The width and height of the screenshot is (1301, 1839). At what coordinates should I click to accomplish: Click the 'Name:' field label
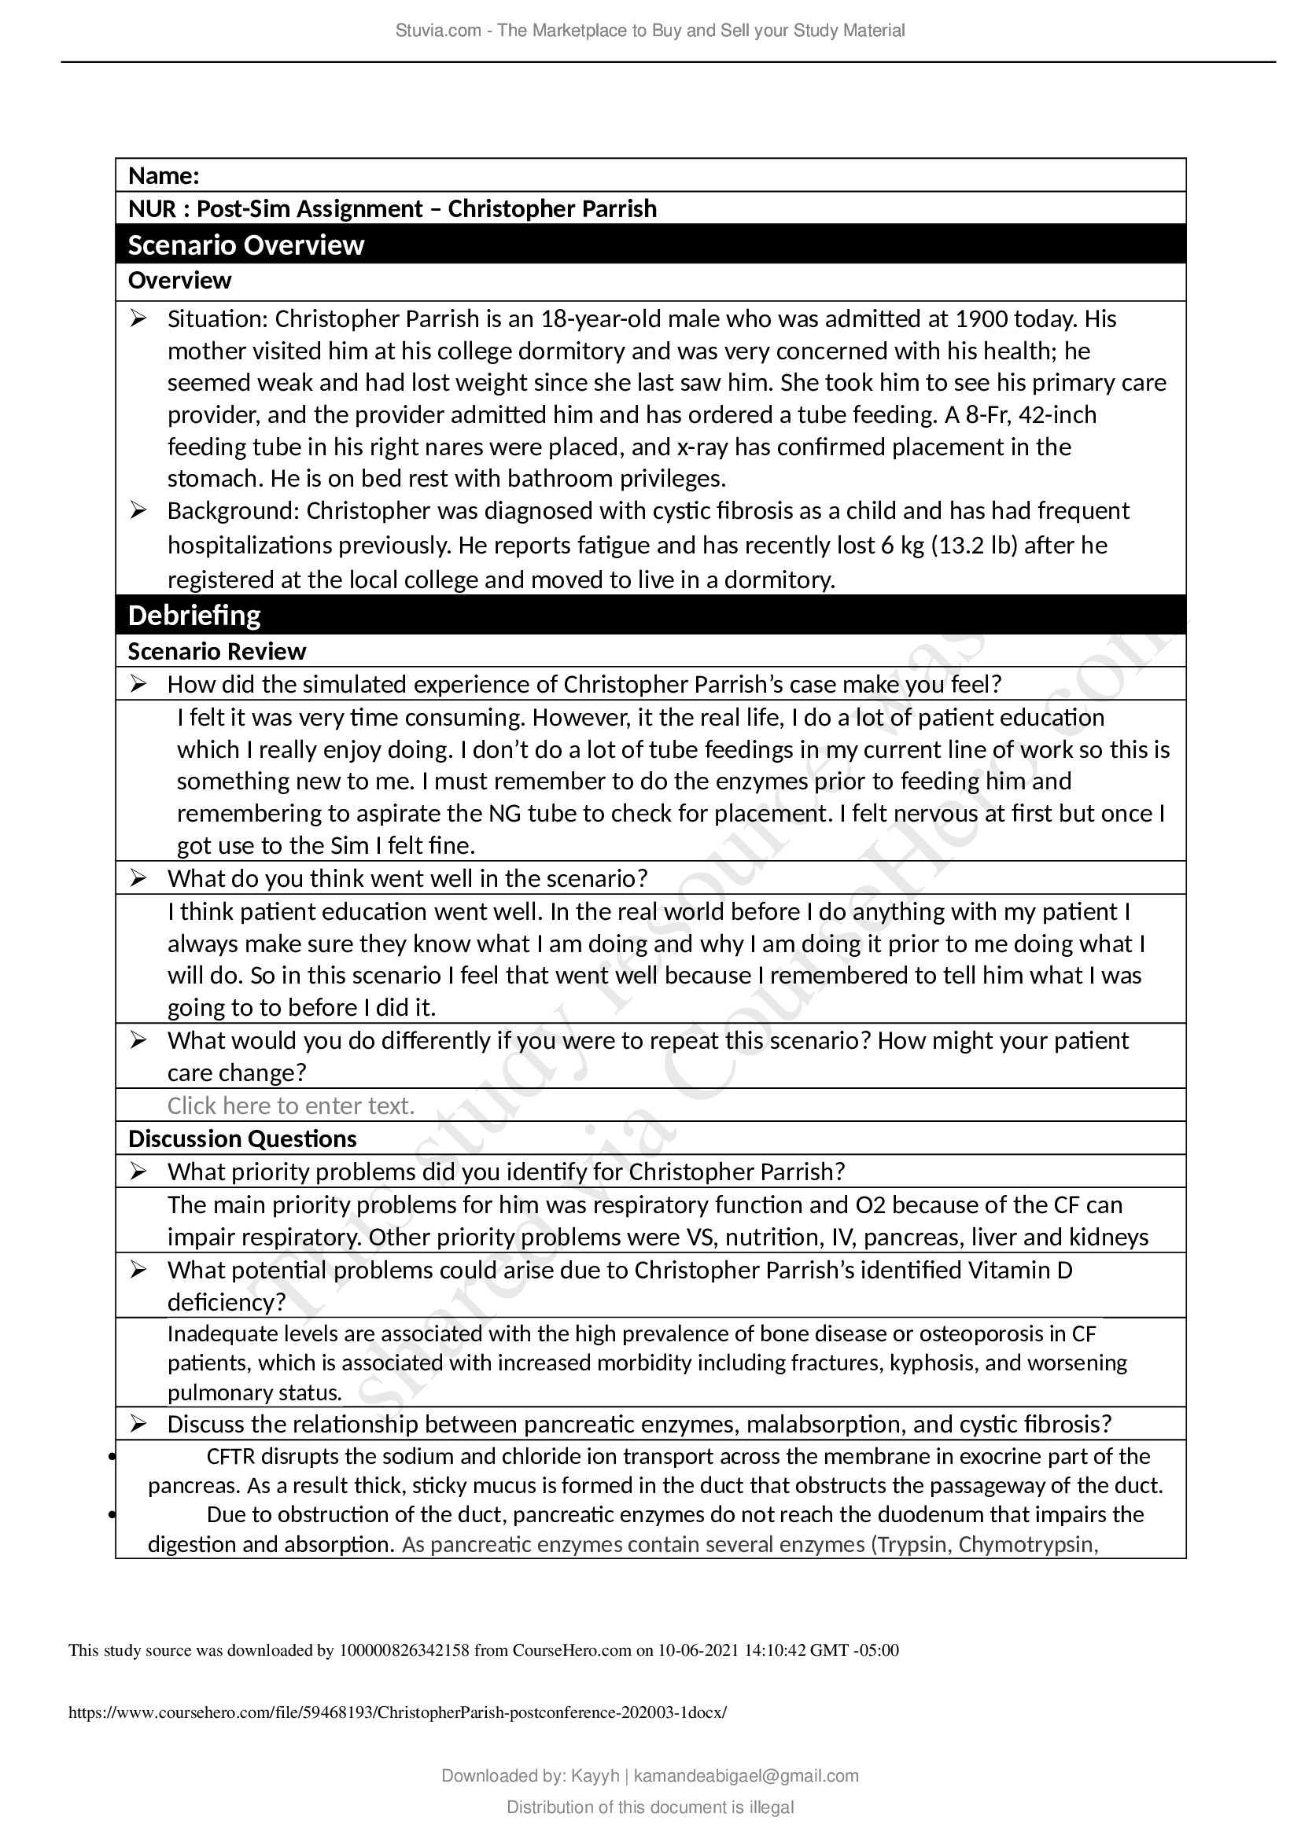coord(164,175)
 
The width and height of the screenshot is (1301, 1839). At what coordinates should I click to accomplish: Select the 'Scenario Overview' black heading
coord(246,245)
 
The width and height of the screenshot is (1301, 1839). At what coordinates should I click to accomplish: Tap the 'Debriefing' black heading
coord(194,615)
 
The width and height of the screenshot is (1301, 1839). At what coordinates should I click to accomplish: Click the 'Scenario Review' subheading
coord(217,651)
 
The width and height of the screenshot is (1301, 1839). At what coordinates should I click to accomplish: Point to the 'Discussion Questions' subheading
coord(243,1138)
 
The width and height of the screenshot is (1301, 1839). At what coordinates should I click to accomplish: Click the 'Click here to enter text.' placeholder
coord(291,1105)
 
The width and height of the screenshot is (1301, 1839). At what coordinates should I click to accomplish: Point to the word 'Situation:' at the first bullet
coord(219,318)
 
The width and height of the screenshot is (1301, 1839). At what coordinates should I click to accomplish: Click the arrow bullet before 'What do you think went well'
coord(138,879)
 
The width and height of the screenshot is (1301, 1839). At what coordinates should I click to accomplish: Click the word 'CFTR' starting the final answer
coord(230,1455)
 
